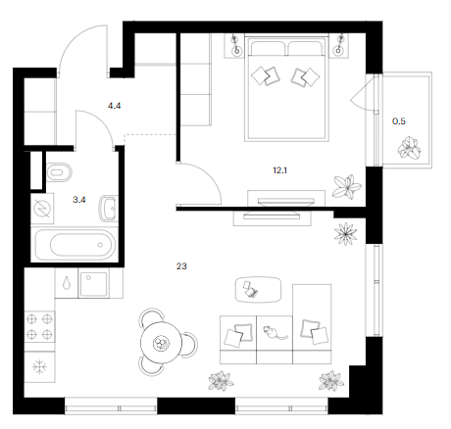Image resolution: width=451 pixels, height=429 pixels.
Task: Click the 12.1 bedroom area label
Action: point(280,170)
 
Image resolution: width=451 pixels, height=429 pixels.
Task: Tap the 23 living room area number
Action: point(181,266)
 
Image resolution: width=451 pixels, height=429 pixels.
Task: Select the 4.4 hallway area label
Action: point(115,106)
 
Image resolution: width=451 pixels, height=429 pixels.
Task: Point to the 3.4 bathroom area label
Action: point(79,200)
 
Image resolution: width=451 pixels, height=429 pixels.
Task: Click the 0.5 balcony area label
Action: point(399,121)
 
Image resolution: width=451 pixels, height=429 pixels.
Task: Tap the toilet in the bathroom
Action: point(59,172)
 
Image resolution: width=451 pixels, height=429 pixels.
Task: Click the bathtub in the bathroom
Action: point(75,245)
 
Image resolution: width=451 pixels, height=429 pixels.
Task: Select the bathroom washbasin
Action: point(108,208)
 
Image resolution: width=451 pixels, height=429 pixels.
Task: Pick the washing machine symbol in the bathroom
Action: point(42,209)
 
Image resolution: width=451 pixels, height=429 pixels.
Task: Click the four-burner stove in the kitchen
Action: point(39,326)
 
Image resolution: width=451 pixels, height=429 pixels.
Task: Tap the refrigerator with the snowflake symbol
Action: point(39,367)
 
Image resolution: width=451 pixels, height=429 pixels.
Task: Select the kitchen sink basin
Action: point(93,283)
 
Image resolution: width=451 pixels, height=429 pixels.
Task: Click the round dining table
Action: point(162,343)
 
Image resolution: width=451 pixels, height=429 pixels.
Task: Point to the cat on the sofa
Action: point(274,332)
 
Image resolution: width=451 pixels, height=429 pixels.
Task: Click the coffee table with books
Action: point(258,290)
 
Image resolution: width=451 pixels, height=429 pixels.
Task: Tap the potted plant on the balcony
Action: point(409,148)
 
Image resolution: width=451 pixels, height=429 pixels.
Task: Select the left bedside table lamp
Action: point(235,45)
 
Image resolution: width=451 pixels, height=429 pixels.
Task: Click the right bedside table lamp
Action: point(339,45)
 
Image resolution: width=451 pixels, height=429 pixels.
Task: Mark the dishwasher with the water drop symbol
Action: point(67,283)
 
